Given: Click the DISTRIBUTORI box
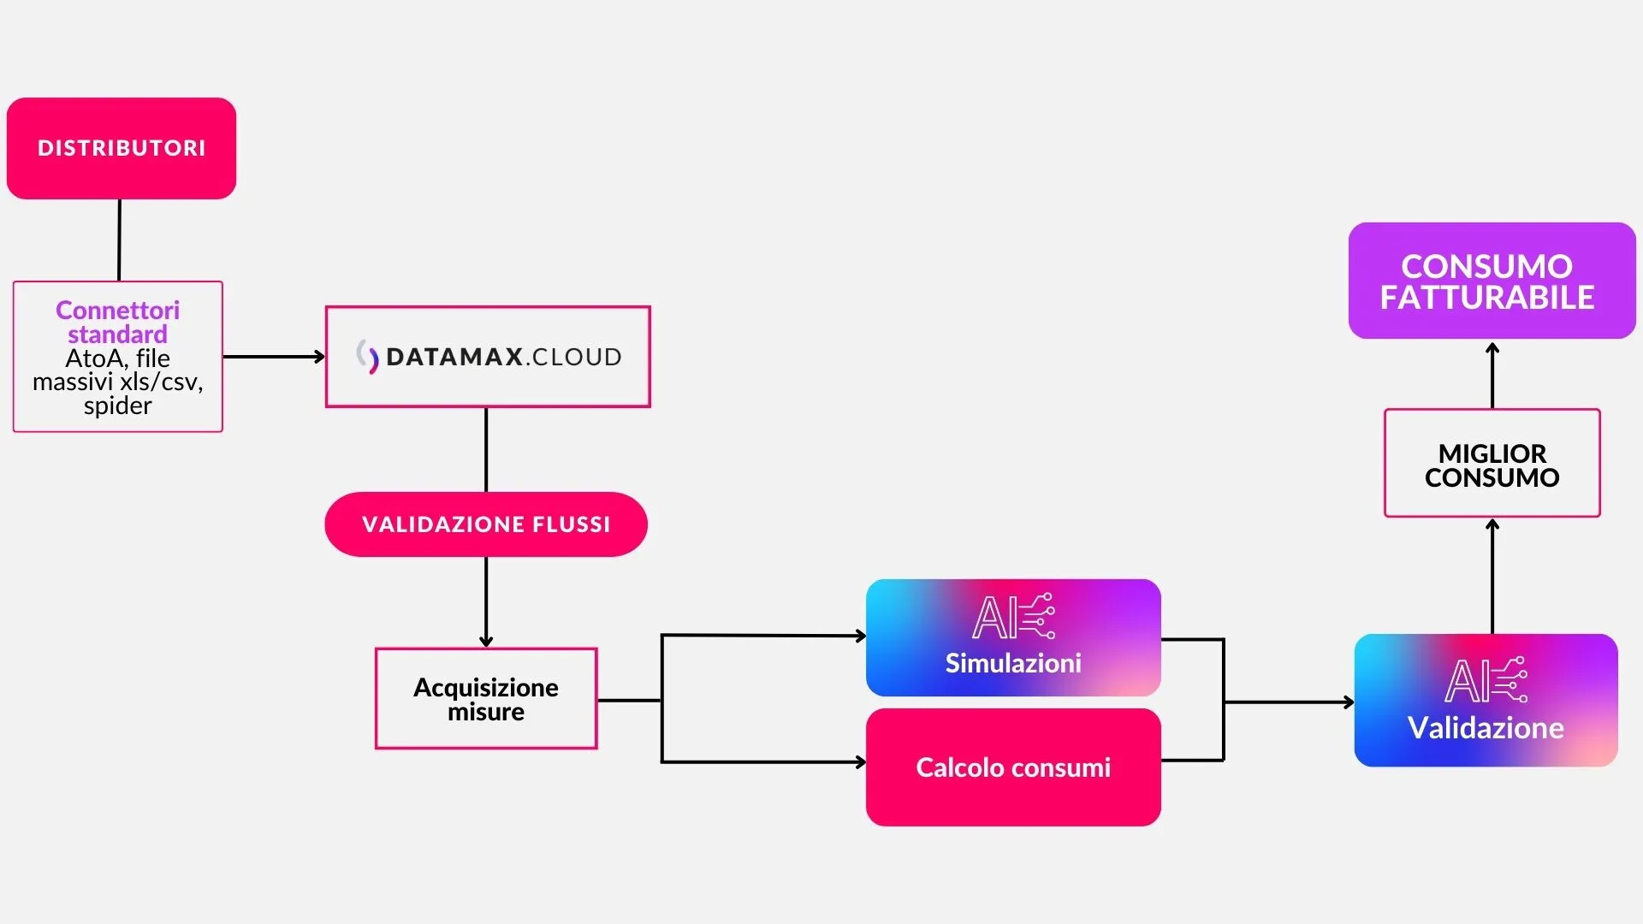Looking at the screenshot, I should [x=122, y=148].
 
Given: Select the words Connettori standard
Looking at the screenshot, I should [x=118, y=322].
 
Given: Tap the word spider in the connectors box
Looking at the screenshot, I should [x=118, y=406].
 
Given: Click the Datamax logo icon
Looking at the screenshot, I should [x=368, y=357].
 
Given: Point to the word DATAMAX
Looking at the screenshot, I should [x=454, y=357].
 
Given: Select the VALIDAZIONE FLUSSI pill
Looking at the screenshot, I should [x=486, y=524].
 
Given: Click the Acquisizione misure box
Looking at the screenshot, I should [x=486, y=699].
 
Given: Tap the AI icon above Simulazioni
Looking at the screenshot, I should [x=1013, y=616].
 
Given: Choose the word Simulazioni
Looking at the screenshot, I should [x=1013, y=663].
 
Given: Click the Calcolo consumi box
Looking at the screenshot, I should [x=1013, y=767].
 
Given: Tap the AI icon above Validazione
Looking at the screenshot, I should [x=1486, y=680].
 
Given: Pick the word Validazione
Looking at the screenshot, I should [x=1486, y=728].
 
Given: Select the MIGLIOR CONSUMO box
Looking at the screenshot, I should [x=1492, y=465].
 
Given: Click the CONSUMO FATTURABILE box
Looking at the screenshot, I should [x=1492, y=281].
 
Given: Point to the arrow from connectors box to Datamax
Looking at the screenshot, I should [x=274, y=357].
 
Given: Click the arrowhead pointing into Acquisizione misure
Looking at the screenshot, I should [x=486, y=642].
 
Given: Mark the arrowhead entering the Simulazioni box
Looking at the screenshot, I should [x=861, y=636].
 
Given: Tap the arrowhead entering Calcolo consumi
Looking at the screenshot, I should [x=861, y=762].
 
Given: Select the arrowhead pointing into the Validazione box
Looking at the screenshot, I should [x=1349, y=702].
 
